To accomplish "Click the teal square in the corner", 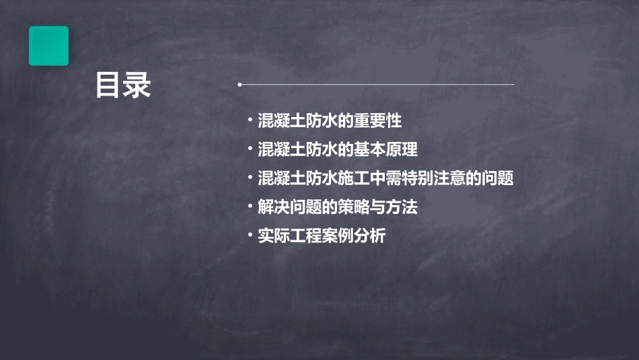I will (x=48, y=46).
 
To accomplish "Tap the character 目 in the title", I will (x=109, y=85).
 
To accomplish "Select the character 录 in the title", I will (x=138, y=85).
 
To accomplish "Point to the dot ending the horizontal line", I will (x=239, y=85).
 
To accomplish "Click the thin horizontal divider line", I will (x=377, y=85).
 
